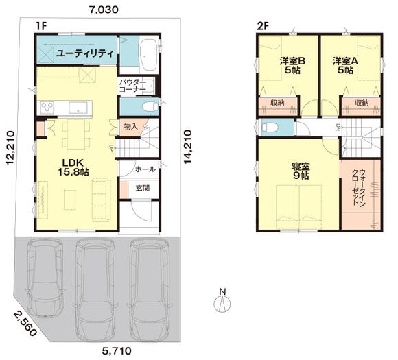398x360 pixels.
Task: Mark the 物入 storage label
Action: (x=131, y=126)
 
